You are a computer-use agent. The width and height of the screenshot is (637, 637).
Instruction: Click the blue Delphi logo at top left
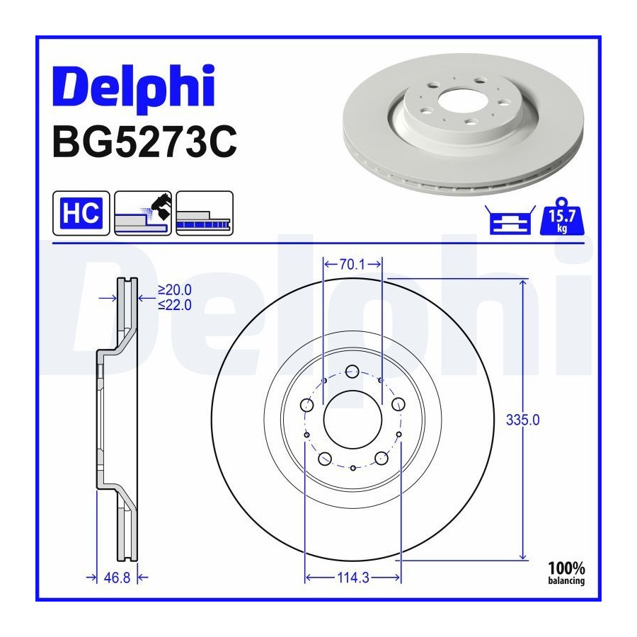pyautogui.click(x=134, y=88)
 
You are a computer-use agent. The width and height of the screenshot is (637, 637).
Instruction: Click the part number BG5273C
pyautogui.click(x=144, y=142)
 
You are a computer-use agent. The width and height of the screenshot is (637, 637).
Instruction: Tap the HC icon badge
pyautogui.click(x=81, y=213)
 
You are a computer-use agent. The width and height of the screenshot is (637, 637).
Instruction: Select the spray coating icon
pyautogui.click(x=143, y=213)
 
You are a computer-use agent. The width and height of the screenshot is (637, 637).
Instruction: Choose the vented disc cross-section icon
pyautogui.click(x=205, y=213)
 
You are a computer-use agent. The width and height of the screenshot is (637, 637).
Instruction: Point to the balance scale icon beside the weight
pyautogui.click(x=510, y=220)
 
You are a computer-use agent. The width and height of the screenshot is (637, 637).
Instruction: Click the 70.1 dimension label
pyautogui.click(x=352, y=265)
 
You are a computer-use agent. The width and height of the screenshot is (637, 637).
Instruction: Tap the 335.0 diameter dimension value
pyautogui.click(x=523, y=420)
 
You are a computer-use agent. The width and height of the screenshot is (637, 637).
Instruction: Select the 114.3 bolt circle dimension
pyautogui.click(x=353, y=578)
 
